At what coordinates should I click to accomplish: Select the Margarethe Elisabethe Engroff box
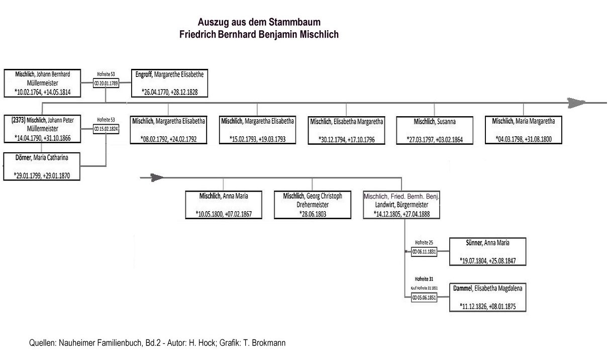tap(168, 83)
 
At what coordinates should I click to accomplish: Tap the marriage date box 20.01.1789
tap(106, 84)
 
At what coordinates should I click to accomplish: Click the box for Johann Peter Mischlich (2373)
tap(42, 129)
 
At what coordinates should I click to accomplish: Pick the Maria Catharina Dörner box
tap(42, 166)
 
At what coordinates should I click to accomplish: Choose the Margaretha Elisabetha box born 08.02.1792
tap(168, 130)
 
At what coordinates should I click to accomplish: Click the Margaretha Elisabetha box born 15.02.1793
tap(257, 130)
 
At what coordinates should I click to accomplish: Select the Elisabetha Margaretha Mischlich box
tap(346, 130)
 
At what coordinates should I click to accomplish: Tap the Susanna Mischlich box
tap(435, 130)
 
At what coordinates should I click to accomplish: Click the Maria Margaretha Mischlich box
tap(524, 130)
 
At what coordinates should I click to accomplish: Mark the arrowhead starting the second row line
tap(157, 177)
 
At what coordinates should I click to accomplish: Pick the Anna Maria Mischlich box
tap(224, 205)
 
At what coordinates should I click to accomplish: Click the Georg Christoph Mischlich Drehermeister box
tap(312, 205)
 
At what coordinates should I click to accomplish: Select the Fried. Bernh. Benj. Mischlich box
tap(401, 205)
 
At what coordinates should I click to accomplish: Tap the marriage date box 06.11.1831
tap(424, 252)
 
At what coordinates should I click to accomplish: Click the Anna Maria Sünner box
tap(487, 251)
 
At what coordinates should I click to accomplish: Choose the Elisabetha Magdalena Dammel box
tap(487, 298)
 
